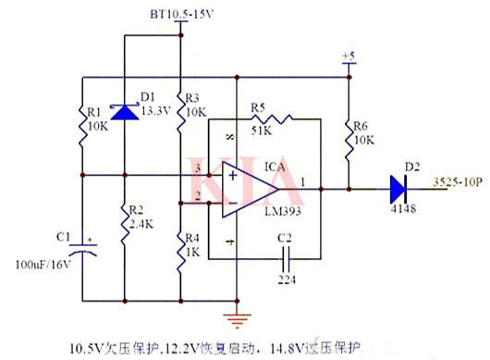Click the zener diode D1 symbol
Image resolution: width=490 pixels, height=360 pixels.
[124, 111]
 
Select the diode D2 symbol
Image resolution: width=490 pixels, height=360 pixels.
[398, 187]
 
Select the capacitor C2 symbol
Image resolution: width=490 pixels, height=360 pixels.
[284, 261]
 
